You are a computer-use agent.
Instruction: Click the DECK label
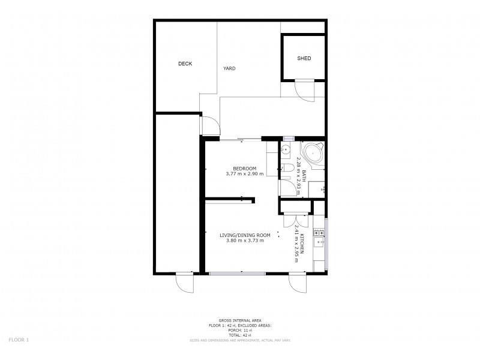coord(185,64)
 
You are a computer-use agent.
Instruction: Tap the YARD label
coord(229,68)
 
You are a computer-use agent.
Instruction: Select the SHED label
coord(304,58)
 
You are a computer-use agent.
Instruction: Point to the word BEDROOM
coord(245,168)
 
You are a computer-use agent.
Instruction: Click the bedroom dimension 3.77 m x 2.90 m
coord(245,174)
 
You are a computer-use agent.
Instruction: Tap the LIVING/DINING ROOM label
coord(245,235)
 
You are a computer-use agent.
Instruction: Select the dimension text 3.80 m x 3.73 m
coord(245,241)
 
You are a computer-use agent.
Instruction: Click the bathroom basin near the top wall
coord(286,150)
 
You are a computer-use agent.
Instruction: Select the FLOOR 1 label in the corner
coord(19,340)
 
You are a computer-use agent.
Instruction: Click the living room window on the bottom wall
coord(238,274)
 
